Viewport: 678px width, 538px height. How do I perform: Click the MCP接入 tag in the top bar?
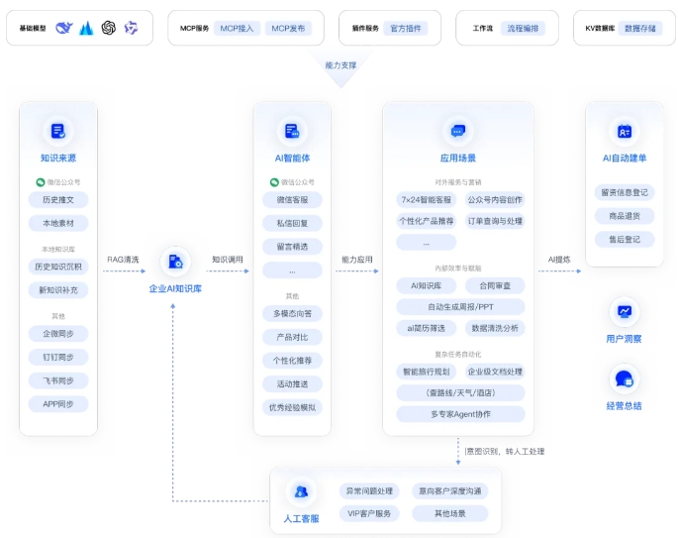point(238,29)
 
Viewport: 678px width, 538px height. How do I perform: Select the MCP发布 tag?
point(289,29)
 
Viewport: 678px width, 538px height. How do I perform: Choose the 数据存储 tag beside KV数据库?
point(639,29)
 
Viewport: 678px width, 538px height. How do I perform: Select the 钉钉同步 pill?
point(58,357)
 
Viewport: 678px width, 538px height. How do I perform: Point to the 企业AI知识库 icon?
point(175,262)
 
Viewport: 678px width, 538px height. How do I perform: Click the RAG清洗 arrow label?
point(123,260)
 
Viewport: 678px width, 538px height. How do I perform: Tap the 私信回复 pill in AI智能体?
point(292,223)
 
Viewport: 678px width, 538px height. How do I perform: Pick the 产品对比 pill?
point(292,337)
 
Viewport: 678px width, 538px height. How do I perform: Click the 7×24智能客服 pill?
point(426,199)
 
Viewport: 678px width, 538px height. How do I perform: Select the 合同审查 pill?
point(495,285)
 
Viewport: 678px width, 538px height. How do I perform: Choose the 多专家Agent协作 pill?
point(460,413)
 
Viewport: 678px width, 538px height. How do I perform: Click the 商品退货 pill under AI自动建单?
point(624,215)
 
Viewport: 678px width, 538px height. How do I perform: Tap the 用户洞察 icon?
point(625,312)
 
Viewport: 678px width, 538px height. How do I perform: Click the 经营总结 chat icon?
point(625,379)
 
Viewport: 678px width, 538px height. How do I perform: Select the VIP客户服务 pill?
point(369,513)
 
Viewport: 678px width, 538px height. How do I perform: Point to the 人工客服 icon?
point(301,491)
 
